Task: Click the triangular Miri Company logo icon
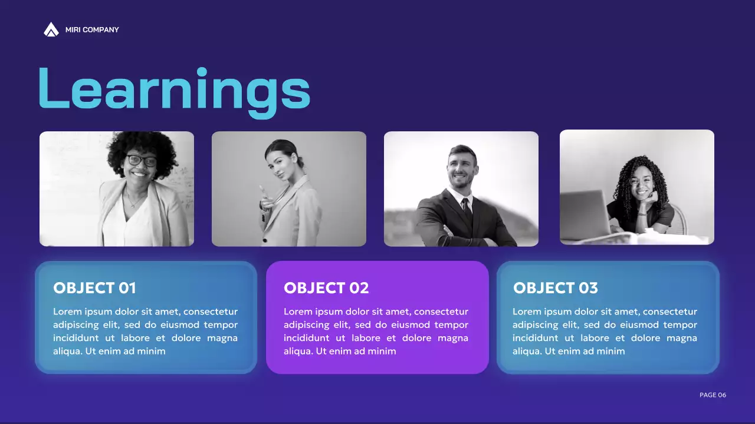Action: coord(51,29)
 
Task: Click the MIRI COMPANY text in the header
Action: coord(92,30)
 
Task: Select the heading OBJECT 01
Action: coord(94,288)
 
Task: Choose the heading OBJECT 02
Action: coord(326,288)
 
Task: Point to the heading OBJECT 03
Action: coord(555,288)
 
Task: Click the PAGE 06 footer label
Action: coord(713,395)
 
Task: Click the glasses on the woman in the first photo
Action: coord(142,160)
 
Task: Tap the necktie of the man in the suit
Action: coord(466,209)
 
